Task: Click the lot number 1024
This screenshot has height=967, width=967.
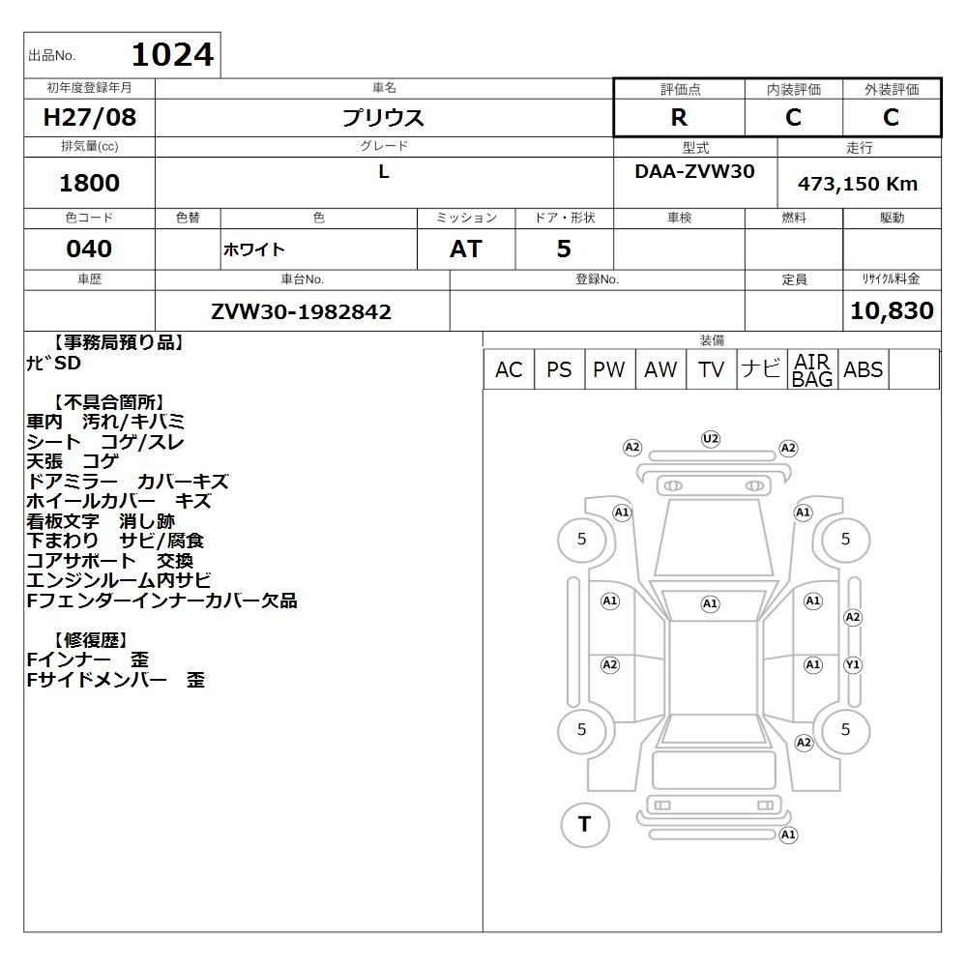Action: click(173, 54)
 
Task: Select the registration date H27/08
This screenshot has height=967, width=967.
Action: click(89, 117)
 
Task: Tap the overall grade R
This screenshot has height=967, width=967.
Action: click(679, 117)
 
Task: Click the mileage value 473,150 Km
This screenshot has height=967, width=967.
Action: click(858, 184)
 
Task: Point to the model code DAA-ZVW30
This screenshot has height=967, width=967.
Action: click(694, 171)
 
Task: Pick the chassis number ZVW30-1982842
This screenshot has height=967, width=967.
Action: click(301, 311)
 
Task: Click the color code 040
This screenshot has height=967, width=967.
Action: click(89, 249)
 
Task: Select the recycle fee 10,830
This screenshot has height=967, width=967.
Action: click(892, 310)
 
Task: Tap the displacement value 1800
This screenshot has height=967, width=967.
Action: click(89, 183)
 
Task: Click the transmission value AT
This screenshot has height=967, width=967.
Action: click(466, 249)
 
